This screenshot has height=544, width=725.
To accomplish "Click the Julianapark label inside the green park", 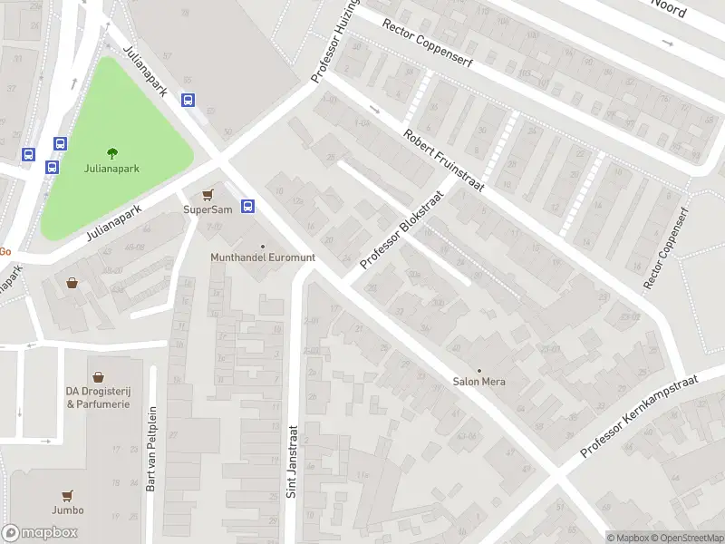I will click(x=111, y=169).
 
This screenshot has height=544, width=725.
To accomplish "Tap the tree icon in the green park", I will click(x=112, y=153).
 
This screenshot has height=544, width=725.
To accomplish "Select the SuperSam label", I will click(x=208, y=209).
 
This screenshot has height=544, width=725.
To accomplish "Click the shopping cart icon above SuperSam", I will click(x=208, y=194).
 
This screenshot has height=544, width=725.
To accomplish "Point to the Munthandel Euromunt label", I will click(x=263, y=257).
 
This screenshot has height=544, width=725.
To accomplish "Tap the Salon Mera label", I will click(x=479, y=382).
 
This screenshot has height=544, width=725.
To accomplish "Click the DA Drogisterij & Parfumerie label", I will click(x=98, y=397).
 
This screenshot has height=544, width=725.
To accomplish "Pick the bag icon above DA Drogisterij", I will click(x=98, y=376).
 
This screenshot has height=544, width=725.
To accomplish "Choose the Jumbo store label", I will click(x=67, y=510).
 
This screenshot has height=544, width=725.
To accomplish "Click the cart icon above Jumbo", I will click(x=67, y=495).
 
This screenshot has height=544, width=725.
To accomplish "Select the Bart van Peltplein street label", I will click(x=151, y=448).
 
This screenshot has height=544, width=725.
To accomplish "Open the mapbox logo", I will click(x=40, y=533).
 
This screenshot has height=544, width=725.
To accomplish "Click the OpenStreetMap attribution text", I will click(x=686, y=538).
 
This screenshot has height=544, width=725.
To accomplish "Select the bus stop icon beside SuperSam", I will click(x=247, y=206).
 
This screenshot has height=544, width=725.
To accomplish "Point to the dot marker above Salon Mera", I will click(x=479, y=370).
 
